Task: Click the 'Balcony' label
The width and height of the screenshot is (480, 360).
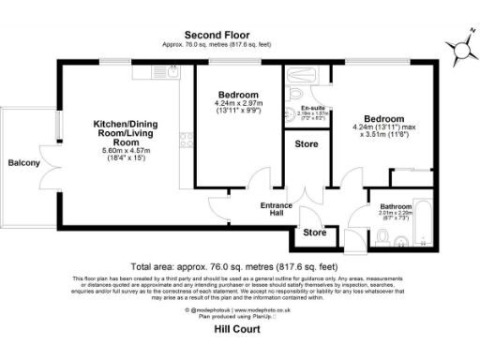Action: (24, 163)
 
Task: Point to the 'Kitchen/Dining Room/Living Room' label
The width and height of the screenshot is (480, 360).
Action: (124, 133)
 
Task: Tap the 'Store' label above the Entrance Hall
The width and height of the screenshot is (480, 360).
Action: (306, 143)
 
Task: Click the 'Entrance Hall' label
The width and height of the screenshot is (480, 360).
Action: (277, 209)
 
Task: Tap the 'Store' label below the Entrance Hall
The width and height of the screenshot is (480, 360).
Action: (315, 232)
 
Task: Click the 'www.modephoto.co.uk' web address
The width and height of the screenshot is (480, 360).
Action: (259, 308)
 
